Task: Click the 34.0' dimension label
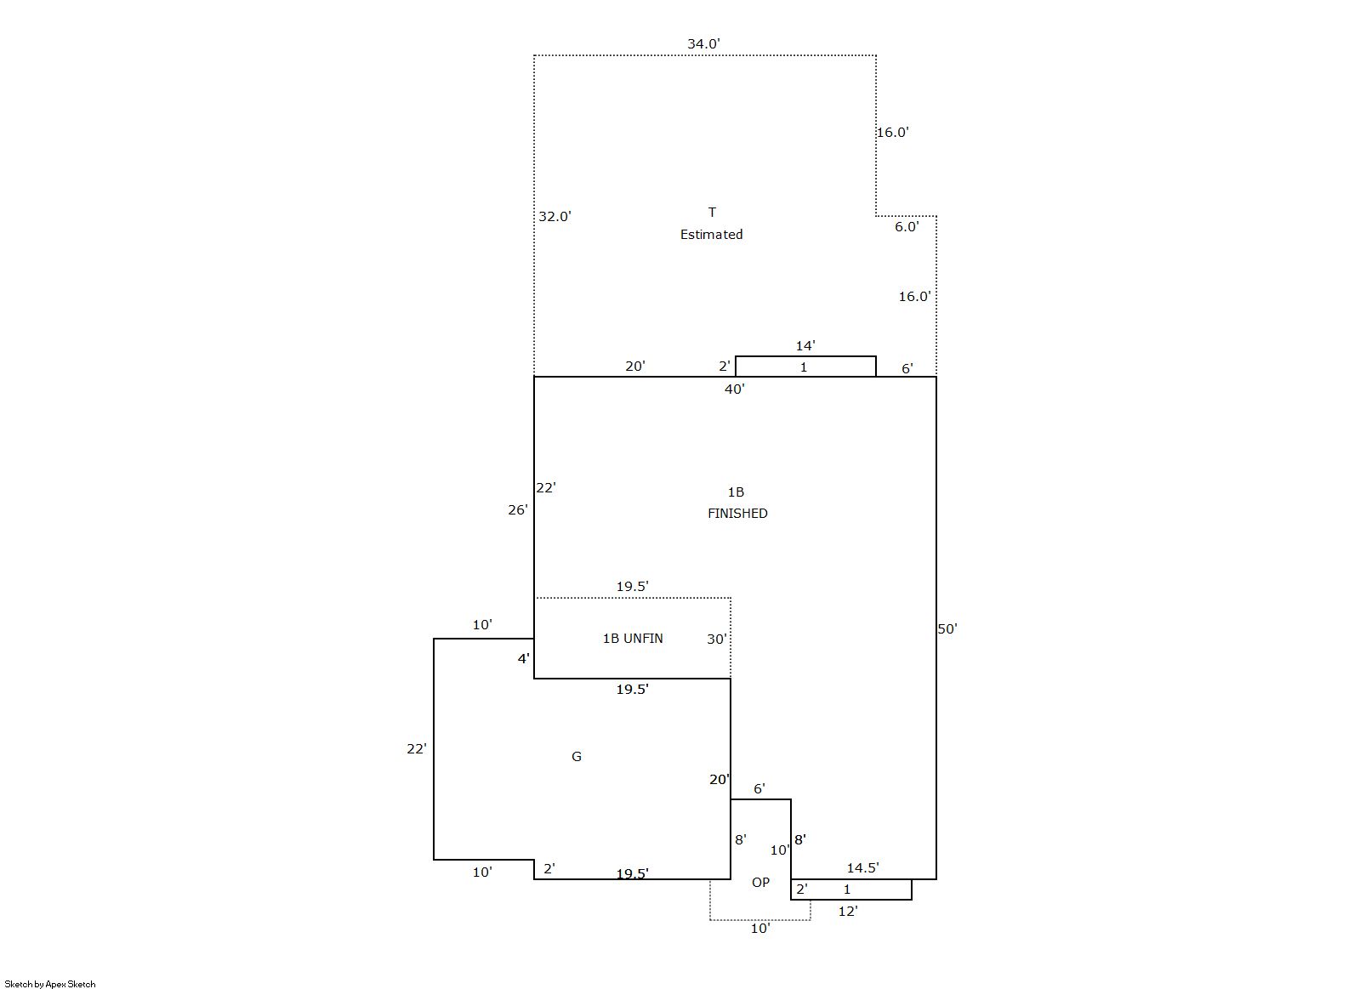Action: [x=703, y=44]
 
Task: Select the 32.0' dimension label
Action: [x=555, y=217]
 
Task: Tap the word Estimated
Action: [x=711, y=235]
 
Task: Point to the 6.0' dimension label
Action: [x=907, y=227]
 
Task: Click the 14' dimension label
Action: [x=805, y=346]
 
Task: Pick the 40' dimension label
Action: [x=734, y=389]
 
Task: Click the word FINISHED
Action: [x=737, y=514]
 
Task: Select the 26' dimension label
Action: [x=518, y=510]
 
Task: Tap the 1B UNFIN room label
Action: [x=633, y=639]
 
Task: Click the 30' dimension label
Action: [x=716, y=639]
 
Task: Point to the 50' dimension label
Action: [x=947, y=628]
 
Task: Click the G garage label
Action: [x=576, y=757]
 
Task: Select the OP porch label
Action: [x=760, y=883]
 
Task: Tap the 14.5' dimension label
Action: [x=863, y=868]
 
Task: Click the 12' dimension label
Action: [x=847, y=912]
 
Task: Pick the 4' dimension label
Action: [x=524, y=659]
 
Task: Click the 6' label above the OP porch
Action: [x=759, y=788]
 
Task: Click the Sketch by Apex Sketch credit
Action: [x=50, y=984]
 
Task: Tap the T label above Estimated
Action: [x=712, y=213]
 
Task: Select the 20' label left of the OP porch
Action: [x=720, y=780]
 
